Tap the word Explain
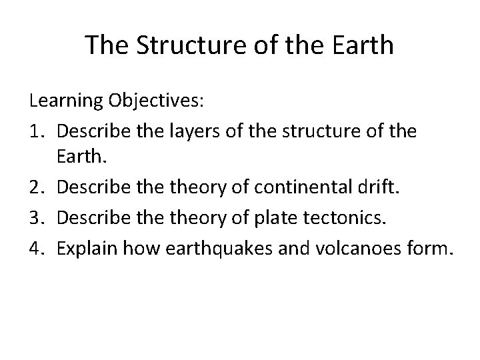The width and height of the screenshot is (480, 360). [x=85, y=248]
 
